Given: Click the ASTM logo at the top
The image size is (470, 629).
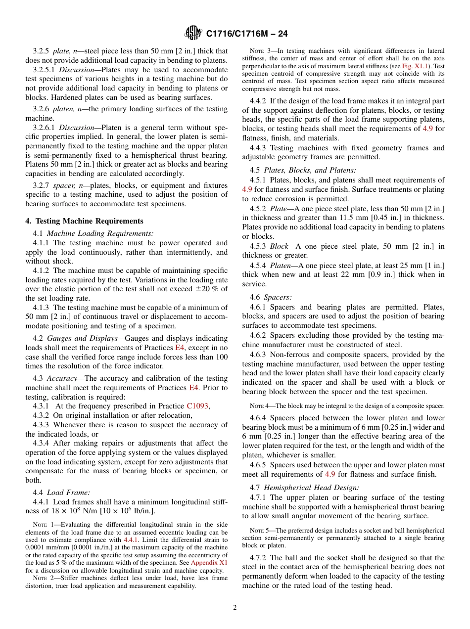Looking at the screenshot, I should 193,33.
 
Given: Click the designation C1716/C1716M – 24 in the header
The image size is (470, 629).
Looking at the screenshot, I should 246,34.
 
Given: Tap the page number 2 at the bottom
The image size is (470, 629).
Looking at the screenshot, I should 235,608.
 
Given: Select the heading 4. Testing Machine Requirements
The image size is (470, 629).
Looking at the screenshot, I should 85,221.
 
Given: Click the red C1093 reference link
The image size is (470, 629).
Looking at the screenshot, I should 198,406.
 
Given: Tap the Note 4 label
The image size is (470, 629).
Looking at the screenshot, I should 259,406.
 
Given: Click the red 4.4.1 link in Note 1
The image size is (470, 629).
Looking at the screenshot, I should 131,540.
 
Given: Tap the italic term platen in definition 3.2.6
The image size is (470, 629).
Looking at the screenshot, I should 63,109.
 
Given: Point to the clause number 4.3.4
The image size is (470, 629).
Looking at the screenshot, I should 42,443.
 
